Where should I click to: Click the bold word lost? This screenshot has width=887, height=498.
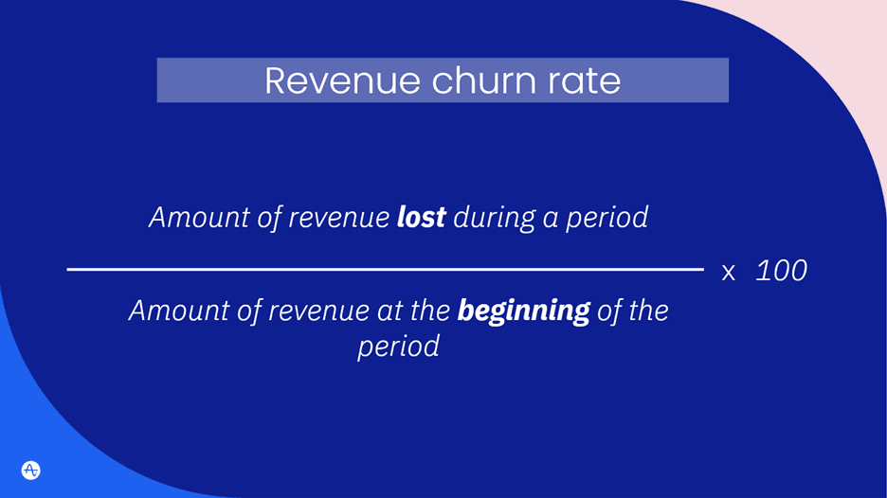coord(421,217)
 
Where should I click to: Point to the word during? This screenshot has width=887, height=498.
coord(494,217)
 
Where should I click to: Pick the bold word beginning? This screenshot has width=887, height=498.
coord(523,310)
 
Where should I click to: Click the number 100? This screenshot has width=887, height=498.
coord(782,271)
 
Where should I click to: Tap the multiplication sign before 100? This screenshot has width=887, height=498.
coord(729,273)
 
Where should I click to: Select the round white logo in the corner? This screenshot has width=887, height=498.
coord(30,470)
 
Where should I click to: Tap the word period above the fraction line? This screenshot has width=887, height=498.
coord(607,217)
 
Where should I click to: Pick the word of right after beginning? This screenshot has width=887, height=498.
coord(608,310)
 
